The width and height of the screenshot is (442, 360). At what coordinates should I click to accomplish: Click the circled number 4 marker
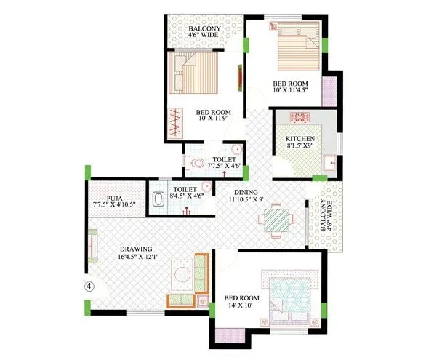coord(89,286)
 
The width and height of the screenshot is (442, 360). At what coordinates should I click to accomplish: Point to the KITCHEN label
coord(300,138)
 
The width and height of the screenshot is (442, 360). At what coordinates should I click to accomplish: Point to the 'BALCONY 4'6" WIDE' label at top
coord(204,30)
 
